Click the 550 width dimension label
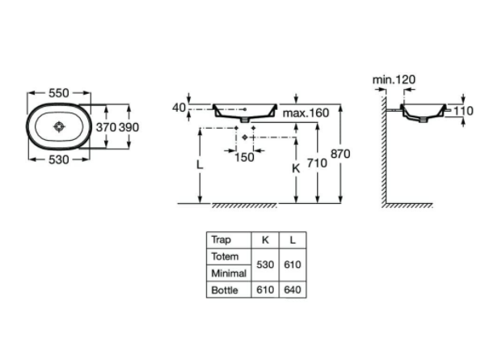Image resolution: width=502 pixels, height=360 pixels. click(58, 93)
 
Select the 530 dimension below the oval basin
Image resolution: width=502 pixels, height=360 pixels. click(58, 159)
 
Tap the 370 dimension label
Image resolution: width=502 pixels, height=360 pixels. click(106, 127)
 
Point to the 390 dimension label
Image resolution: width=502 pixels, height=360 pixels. click(129, 127)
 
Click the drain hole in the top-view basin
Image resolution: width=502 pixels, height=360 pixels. click(59, 126)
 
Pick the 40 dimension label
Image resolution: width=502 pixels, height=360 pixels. click(179, 108)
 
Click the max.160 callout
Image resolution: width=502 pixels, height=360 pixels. click(306, 112)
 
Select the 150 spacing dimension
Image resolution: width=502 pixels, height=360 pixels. click(244, 157)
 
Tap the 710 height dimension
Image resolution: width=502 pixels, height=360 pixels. click(317, 163)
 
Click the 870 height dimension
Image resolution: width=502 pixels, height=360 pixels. click(340, 154)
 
